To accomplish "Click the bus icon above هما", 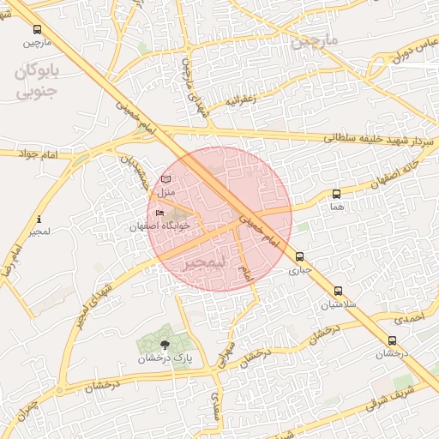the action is (x=336, y=194).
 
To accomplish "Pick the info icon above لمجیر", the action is (x=39, y=219).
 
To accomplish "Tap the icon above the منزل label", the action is (x=165, y=179).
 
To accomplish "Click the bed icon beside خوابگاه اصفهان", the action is (x=159, y=213).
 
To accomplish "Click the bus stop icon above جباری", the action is (x=299, y=256).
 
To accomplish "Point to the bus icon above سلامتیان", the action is (x=338, y=291).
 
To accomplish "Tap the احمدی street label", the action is (x=415, y=318).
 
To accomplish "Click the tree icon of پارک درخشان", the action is (x=165, y=344).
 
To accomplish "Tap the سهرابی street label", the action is (x=226, y=355).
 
